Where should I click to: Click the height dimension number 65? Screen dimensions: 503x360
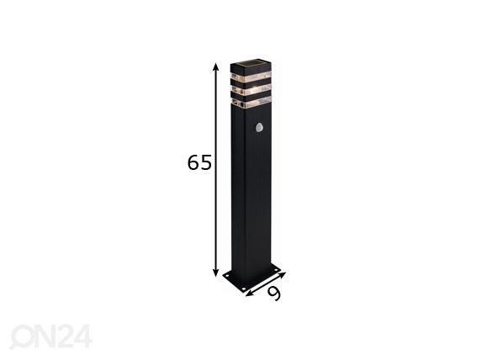click(199, 162)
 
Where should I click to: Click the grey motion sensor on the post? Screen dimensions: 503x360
click(259, 127)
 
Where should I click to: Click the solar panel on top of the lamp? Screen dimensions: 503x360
click(251, 65)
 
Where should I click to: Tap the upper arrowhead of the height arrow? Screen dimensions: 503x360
click(216, 67)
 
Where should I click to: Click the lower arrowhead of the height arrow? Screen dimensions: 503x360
click(216, 272)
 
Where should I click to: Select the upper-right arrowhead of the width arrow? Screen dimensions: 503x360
click(282, 275)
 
